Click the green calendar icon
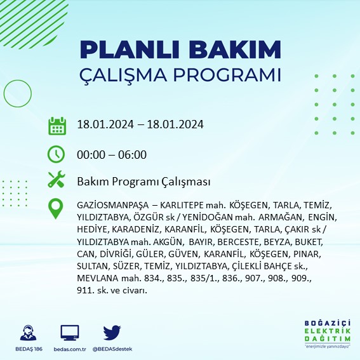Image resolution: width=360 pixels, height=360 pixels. [57, 125]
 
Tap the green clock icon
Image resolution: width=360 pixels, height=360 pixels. [57, 154]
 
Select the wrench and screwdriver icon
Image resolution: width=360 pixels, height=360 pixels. [57, 180]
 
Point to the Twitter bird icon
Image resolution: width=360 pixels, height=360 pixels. [112, 333]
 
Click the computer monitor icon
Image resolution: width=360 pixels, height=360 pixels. [70, 333]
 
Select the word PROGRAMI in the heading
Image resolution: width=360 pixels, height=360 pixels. [234, 74]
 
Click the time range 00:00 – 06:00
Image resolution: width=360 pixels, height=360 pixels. [112, 154]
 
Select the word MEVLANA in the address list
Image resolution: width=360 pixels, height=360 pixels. [94, 278]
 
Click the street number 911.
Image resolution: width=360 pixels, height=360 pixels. [84, 290]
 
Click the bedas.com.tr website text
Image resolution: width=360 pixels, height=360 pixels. [70, 350]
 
